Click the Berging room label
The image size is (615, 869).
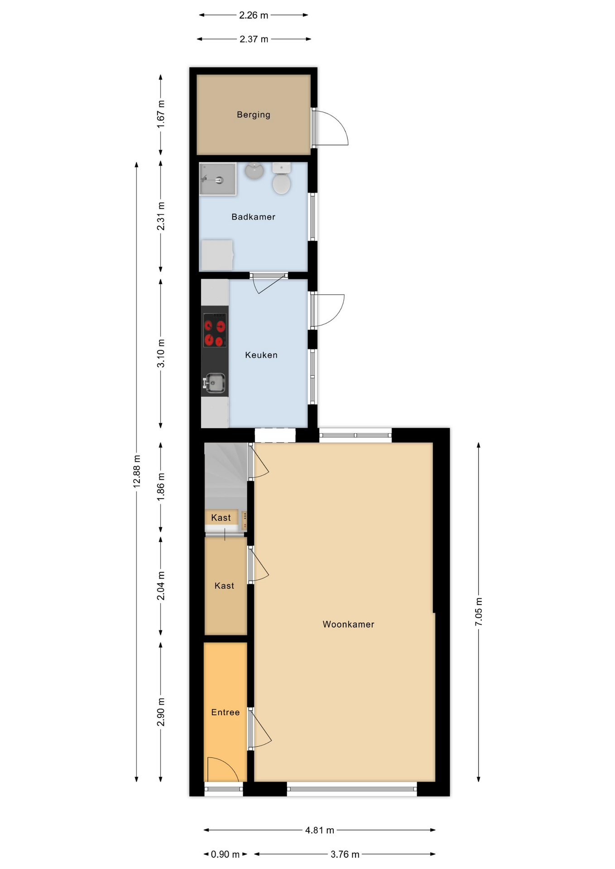pos(253,115)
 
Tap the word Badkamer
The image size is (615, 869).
pos(253,217)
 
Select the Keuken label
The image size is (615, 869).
pos(261,355)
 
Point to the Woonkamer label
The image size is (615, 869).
pos(348,624)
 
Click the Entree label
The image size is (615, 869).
pos(225,712)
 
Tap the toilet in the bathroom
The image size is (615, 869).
pos(281,179)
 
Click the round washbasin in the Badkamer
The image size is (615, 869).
pos(255,170)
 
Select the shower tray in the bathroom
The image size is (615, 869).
pos(218,179)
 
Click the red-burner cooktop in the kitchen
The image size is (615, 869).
pos(215,330)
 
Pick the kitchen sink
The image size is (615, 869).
pos(214,383)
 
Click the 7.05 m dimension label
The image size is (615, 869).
pos(479,611)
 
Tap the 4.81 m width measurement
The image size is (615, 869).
pos(319,830)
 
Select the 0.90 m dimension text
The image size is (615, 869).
pos(225,854)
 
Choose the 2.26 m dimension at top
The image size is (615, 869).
pos(254,15)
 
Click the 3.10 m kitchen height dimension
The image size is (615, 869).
pos(161,353)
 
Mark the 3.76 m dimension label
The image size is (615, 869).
pos(345,854)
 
